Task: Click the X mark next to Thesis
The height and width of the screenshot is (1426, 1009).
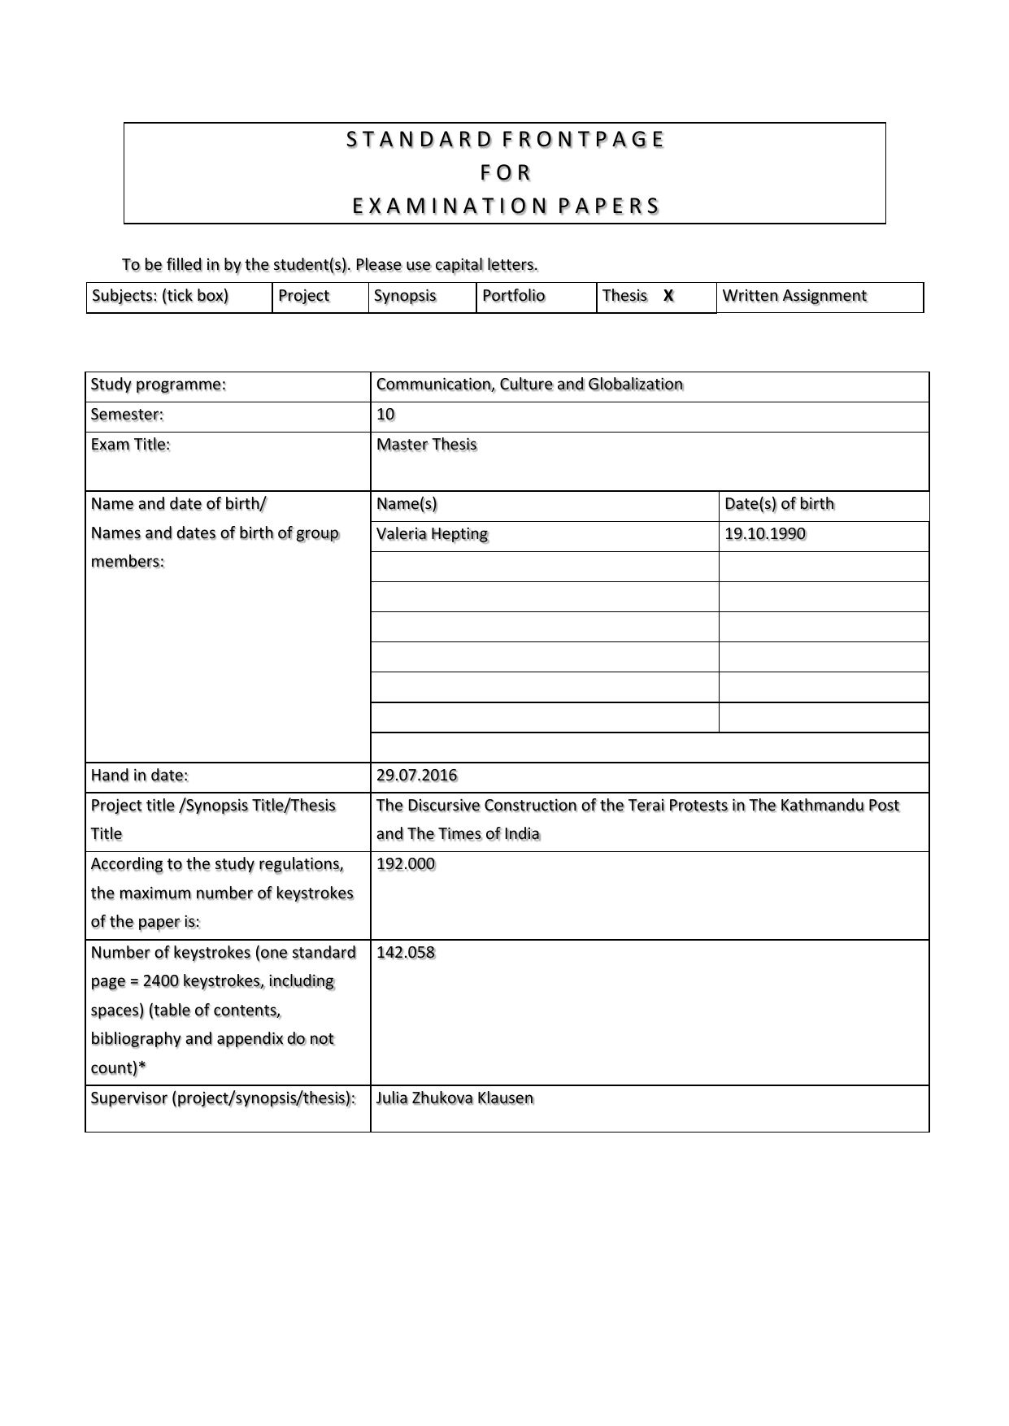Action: [x=668, y=296]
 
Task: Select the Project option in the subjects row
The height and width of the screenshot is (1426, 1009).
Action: [x=303, y=296]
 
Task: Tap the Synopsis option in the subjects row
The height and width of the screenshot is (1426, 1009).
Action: [x=405, y=296]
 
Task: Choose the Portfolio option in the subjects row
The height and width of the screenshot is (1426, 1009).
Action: [x=513, y=296]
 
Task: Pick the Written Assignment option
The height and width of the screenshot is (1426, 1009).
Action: [x=794, y=296]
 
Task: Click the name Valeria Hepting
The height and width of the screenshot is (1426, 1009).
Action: [x=432, y=534]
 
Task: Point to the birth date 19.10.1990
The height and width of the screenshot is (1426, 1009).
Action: [x=764, y=534]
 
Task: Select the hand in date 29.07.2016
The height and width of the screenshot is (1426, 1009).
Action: [x=416, y=776]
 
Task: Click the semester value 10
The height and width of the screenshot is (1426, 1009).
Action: [x=385, y=415]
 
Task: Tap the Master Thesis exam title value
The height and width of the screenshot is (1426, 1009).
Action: [x=426, y=445]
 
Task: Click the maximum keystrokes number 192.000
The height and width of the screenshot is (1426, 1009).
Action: [x=405, y=864]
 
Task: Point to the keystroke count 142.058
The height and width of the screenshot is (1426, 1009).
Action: [x=405, y=953]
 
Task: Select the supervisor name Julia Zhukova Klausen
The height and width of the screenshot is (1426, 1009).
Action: [x=454, y=1098]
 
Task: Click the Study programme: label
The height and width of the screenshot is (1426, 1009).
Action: [x=158, y=385]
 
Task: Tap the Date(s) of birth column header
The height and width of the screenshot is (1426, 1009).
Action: [x=779, y=504]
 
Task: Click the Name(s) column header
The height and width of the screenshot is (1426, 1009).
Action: [x=407, y=504]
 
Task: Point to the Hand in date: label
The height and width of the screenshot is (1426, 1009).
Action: [x=139, y=776]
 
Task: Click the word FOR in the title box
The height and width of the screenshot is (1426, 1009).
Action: [x=504, y=173]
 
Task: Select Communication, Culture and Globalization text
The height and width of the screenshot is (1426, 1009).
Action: [x=529, y=385]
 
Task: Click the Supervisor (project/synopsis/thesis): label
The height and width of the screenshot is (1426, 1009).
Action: [x=223, y=1098]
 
